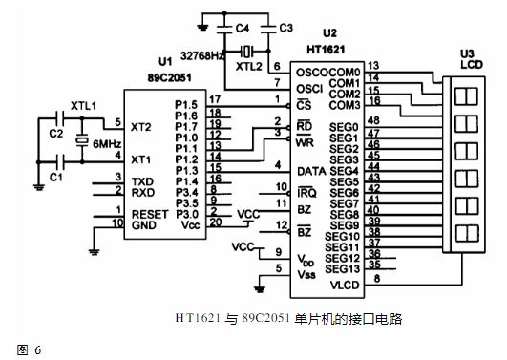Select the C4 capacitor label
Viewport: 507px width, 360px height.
coord(243,29)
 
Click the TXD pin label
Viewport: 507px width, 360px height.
coord(142,180)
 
